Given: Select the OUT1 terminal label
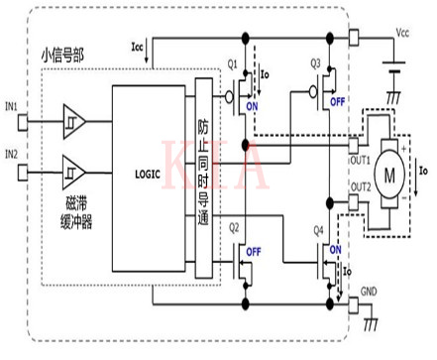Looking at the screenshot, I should [360, 160].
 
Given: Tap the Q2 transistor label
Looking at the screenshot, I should [234, 226].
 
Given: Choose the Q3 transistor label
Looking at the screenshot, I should [316, 62].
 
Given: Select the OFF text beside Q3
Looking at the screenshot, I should [336, 102].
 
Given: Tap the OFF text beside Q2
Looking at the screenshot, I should [255, 251].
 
